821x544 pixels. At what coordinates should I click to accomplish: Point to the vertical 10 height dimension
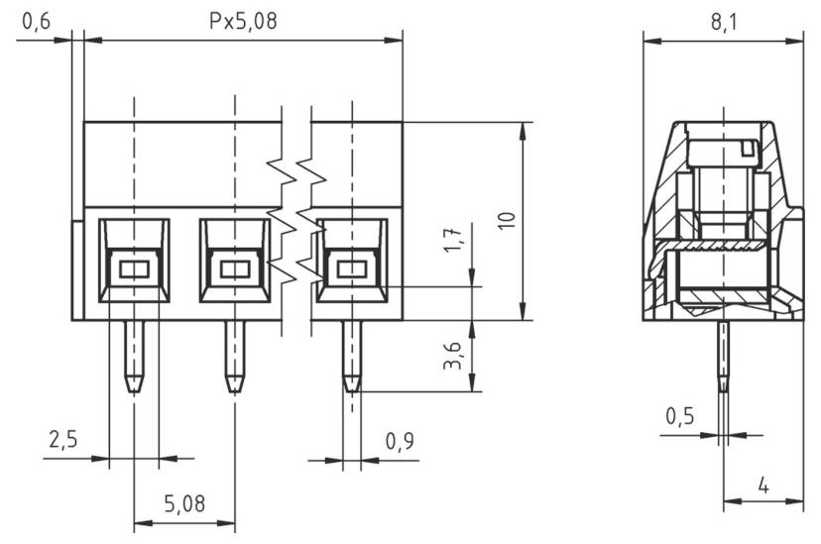tap(509, 220)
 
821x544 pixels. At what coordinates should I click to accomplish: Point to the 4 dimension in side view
tap(762, 486)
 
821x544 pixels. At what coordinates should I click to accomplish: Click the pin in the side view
tap(723, 362)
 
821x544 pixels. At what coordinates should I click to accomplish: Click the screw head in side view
tap(723, 151)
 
